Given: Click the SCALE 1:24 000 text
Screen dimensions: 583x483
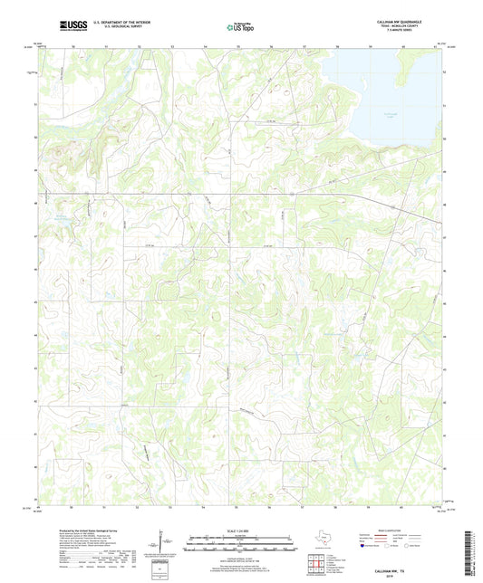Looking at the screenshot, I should [240, 530].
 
